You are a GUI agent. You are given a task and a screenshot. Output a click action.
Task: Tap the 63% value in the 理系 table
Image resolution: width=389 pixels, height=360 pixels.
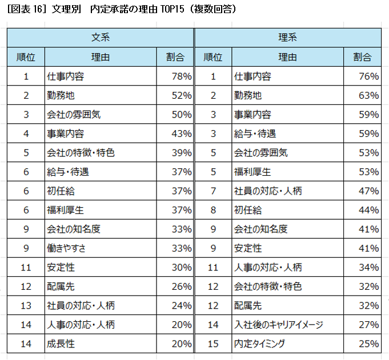pyautogui.click(x=368, y=95)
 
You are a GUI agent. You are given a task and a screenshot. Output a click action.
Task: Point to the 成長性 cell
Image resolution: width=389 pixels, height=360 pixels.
pyautogui.click(x=61, y=343)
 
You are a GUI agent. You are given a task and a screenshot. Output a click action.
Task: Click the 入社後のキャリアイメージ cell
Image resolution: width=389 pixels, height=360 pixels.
pyautogui.click(x=278, y=325)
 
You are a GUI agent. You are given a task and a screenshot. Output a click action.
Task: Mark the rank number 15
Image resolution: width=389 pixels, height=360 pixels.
pyautogui.click(x=213, y=343)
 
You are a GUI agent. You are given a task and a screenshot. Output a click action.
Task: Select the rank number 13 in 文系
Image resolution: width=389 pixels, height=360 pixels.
pyautogui.click(x=26, y=305)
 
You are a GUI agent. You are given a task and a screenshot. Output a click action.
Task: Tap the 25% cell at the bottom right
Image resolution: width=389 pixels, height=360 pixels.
pyautogui.click(x=368, y=343)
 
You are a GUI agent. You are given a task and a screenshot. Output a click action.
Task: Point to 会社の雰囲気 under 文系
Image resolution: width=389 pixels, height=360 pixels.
pyautogui.click(x=74, y=115)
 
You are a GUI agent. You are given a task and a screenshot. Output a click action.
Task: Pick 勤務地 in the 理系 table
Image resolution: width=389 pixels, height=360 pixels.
pyautogui.click(x=247, y=95)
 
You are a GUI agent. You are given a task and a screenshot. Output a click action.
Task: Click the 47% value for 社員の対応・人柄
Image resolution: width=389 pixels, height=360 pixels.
pyautogui.click(x=368, y=191)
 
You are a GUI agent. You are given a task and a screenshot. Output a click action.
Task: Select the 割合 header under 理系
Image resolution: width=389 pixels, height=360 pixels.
pyautogui.click(x=362, y=57)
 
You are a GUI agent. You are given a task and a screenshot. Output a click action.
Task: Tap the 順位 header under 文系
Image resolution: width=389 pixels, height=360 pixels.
pyautogui.click(x=26, y=57)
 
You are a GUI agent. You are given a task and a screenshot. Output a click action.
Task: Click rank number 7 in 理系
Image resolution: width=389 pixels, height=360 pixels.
pyautogui.click(x=213, y=191)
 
